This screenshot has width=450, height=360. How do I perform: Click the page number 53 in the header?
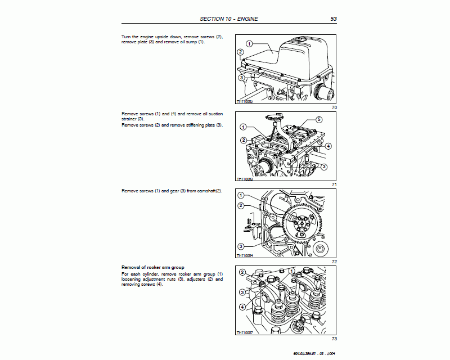coord(333,19)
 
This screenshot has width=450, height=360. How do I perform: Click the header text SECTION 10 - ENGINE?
coord(229,19)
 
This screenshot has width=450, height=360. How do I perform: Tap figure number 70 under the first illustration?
coord(334,107)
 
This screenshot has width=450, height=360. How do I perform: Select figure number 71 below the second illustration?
coord(334,184)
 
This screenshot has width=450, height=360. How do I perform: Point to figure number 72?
coord(334,262)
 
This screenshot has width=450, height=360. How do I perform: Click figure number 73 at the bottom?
coord(334,339)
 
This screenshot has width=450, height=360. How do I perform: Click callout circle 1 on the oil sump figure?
coord(249,43)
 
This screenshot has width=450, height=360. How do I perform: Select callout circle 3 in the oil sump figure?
coord(241,78)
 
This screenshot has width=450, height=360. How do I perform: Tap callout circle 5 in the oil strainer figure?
coord(318,120)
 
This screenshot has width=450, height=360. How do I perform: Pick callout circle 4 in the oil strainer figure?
coord(328,146)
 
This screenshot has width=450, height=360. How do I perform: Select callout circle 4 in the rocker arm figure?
coord(242,307)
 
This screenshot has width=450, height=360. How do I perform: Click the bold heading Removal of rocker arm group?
coord(153,267)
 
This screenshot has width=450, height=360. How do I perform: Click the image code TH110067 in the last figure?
coord(245,332)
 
